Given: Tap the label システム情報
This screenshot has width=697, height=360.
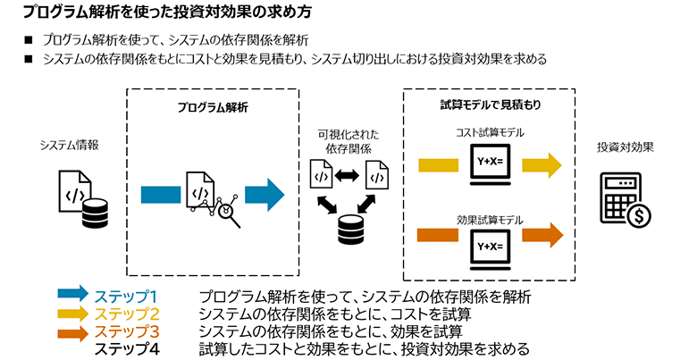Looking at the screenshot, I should click(69, 144).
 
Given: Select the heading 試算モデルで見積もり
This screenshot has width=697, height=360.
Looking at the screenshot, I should click(494, 105).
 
